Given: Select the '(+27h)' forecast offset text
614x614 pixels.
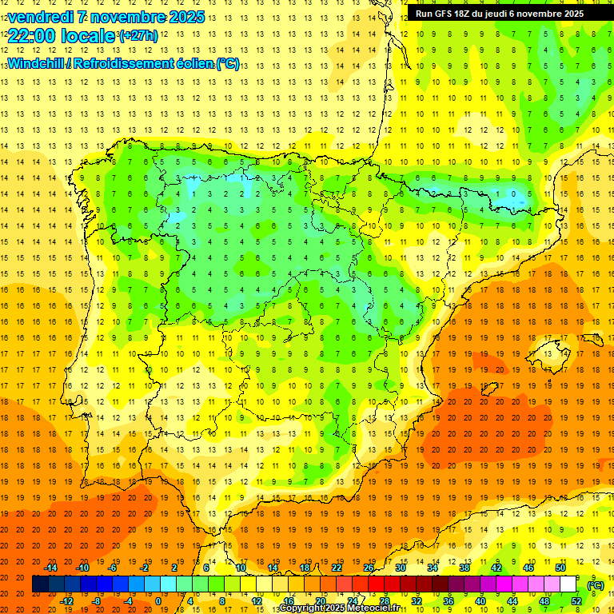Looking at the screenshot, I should pos(138,36).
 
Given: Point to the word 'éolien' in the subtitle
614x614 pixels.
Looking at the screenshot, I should pos(190,63).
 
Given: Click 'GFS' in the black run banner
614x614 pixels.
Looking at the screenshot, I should pos(446,14).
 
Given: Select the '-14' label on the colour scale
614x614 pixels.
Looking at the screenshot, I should pos(50,568).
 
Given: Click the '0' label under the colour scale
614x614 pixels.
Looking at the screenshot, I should pos(157,601).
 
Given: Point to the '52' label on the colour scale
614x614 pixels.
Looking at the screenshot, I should pos(576,601).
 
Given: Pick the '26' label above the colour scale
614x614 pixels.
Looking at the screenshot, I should pos(369,568).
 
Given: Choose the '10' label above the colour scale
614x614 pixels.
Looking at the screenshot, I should pos(241,568).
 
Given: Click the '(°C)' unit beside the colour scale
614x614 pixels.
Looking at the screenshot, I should pos(596,585).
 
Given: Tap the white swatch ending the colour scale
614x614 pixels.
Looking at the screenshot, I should pos(568,584).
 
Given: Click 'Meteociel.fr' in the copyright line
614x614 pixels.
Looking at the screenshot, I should pos(375,609).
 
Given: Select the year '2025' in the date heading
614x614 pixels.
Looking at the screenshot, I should pos(183,17).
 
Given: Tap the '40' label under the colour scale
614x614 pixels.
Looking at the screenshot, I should pos(480,601).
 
